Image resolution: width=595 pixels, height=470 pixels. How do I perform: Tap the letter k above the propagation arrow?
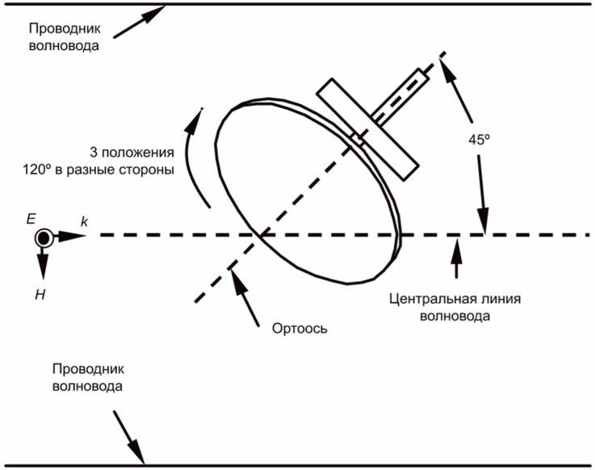click(83, 220)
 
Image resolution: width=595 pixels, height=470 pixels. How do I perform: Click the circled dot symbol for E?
click(43, 237)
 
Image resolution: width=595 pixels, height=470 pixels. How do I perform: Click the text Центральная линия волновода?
click(455, 307)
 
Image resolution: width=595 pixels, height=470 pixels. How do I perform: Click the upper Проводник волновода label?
click(65, 37)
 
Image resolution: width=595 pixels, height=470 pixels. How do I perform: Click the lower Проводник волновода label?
click(87, 377)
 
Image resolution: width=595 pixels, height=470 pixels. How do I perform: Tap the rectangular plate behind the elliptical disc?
click(367, 130)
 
